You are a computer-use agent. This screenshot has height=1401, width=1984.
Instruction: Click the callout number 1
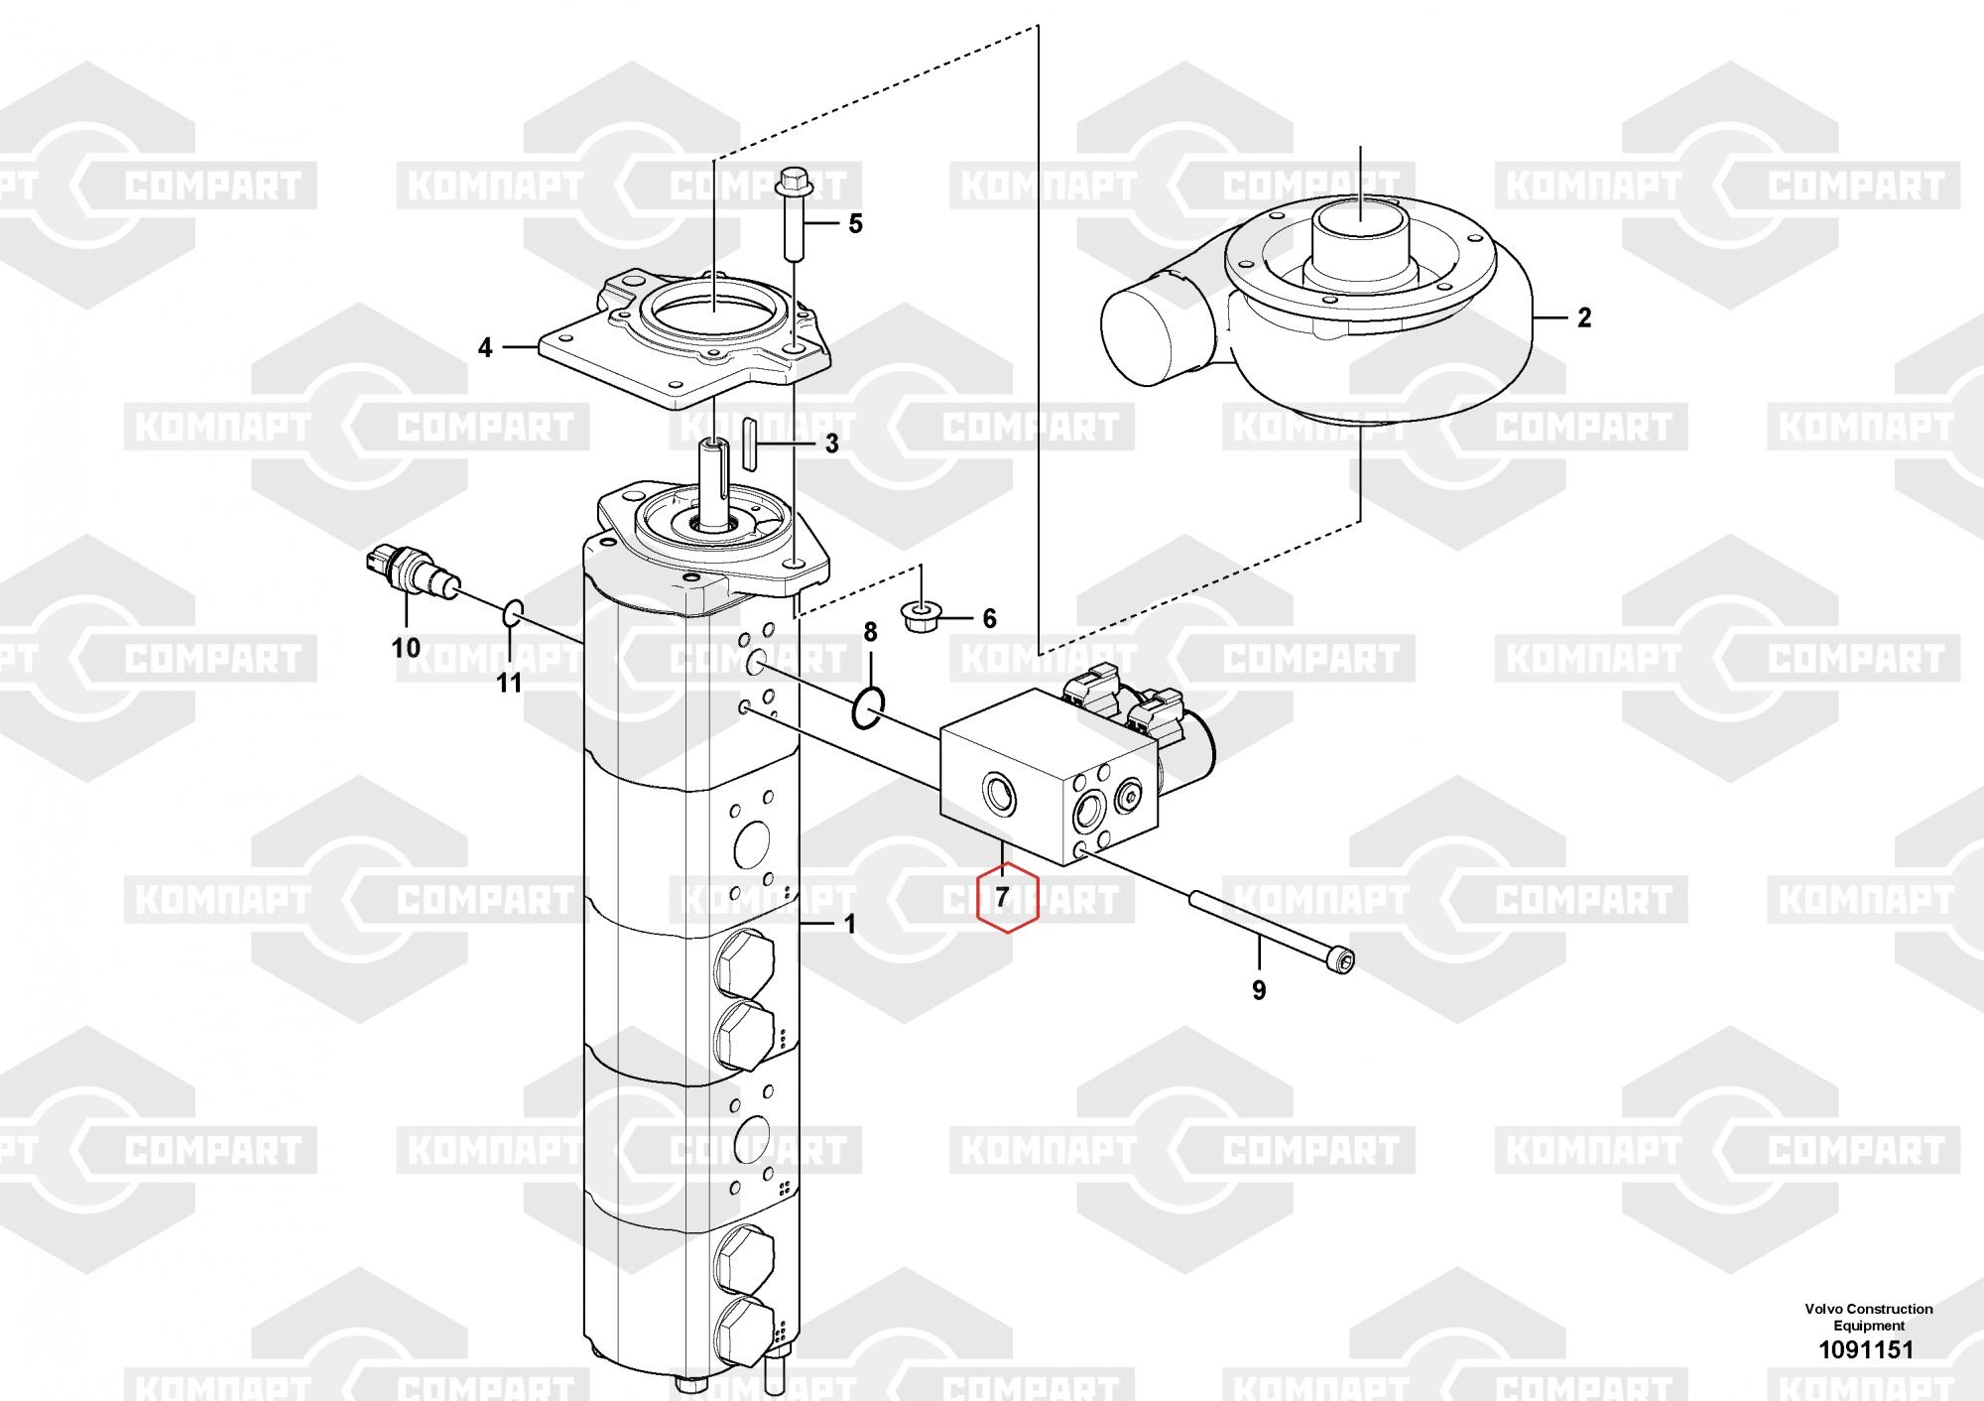point(849,925)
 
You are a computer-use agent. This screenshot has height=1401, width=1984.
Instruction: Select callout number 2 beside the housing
point(1584,318)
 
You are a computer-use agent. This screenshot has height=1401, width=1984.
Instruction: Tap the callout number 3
point(831,444)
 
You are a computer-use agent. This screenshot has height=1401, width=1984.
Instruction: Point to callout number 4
point(485,348)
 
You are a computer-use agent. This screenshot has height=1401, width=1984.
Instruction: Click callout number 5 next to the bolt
point(855,224)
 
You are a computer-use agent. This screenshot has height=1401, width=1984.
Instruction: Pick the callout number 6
point(989,619)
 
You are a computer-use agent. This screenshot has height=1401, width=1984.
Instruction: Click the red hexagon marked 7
point(1007,900)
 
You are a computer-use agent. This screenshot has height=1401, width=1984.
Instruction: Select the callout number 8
point(870,632)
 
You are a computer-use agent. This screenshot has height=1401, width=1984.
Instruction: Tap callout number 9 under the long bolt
point(1259,990)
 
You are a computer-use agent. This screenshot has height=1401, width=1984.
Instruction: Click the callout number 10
point(406,649)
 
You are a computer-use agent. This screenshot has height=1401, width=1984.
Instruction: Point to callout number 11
point(509,684)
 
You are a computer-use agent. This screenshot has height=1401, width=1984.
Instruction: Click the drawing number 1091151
point(1865,1349)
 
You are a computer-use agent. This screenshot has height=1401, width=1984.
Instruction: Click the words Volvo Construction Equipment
point(1868,1317)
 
